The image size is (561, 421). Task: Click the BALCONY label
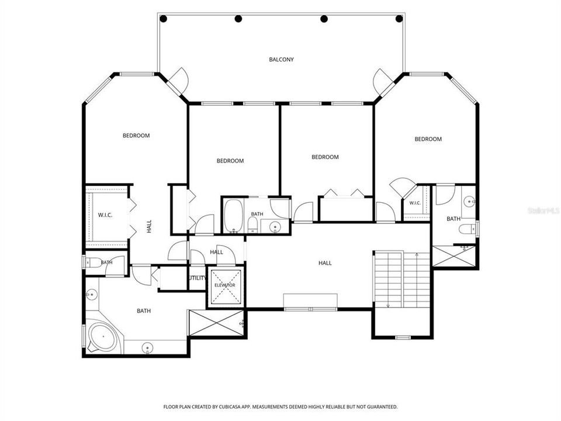(x=281, y=60)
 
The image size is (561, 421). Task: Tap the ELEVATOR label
(x=225, y=285)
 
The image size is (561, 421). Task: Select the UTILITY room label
(x=198, y=278)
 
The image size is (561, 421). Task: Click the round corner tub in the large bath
(x=103, y=337)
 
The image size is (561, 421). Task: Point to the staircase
(x=402, y=280)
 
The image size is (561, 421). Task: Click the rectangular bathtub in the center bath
(x=233, y=216)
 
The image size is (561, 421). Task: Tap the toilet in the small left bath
(x=93, y=263)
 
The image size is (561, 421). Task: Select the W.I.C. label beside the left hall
(x=105, y=215)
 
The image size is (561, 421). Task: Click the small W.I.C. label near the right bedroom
(x=415, y=203)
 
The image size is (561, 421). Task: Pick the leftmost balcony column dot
(x=163, y=19)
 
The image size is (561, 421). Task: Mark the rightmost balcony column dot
(x=399, y=19)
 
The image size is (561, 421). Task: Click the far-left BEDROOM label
(x=136, y=136)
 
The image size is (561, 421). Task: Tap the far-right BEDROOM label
(x=428, y=139)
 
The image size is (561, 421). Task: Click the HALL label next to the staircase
(x=325, y=263)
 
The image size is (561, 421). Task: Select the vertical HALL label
(x=149, y=226)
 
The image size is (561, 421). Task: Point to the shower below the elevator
(x=216, y=323)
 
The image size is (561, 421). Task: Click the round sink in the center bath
(x=275, y=227)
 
